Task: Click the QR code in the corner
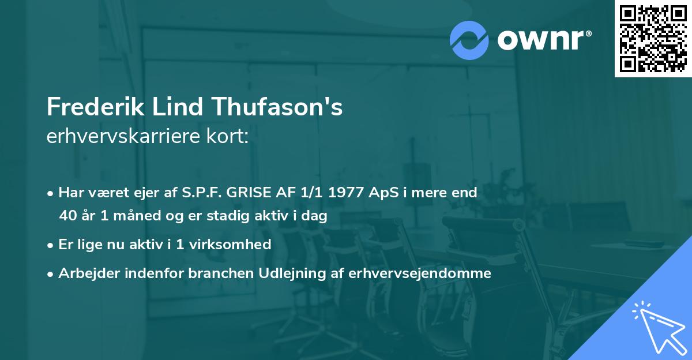coord(653,38)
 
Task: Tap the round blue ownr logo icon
coord(469,40)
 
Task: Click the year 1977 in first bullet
coord(347,193)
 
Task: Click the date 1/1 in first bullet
coord(314,193)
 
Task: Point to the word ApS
coord(382,193)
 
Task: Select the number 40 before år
coord(67,216)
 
